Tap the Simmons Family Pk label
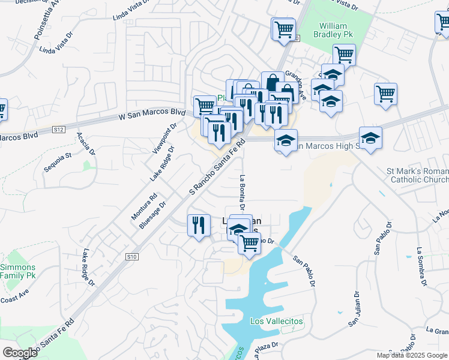(18, 271)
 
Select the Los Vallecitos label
(276, 322)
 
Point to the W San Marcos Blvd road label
(152, 113)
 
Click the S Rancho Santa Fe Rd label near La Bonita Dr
(218, 167)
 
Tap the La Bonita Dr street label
(243, 192)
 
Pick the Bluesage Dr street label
(152, 215)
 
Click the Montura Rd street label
(144, 206)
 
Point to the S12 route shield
(59, 128)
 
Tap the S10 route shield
(131, 256)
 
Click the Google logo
(19, 352)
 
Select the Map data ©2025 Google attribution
(412, 355)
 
